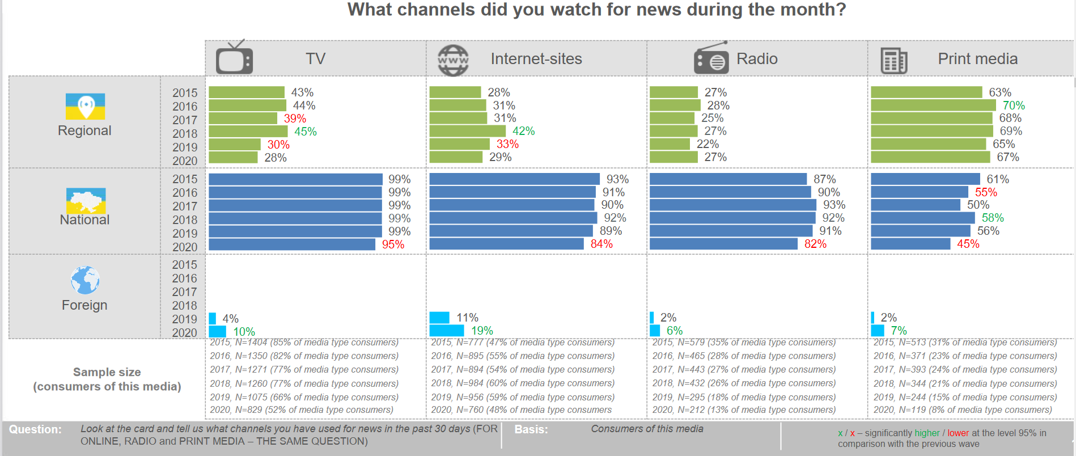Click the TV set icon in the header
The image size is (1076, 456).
coord(234,58)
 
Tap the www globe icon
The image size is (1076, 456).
coord(453,60)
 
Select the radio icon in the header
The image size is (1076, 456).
coord(711,58)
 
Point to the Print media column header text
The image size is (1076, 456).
coord(977,59)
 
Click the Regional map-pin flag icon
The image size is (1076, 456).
coord(85,106)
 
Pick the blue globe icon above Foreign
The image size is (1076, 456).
coord(85,280)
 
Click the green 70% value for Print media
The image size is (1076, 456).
coord(1014,105)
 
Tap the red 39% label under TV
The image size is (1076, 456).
coord(295,119)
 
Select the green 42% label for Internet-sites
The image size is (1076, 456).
coord(523,131)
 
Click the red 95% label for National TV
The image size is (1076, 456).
coord(393,244)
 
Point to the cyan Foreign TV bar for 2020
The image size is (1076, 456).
coord(217,331)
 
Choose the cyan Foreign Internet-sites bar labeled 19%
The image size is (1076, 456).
coord(447,330)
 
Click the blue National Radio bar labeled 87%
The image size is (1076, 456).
coord(728,179)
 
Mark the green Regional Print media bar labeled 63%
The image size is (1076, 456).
coord(926,92)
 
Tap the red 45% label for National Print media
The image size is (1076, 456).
coord(968,244)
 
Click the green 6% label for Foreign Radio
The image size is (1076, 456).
coord(674,331)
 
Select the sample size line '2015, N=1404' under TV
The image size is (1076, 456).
coord(304,343)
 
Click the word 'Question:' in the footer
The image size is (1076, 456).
coord(35,429)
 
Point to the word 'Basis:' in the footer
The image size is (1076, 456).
coord(531,429)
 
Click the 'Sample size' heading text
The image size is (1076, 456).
coord(107,372)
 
